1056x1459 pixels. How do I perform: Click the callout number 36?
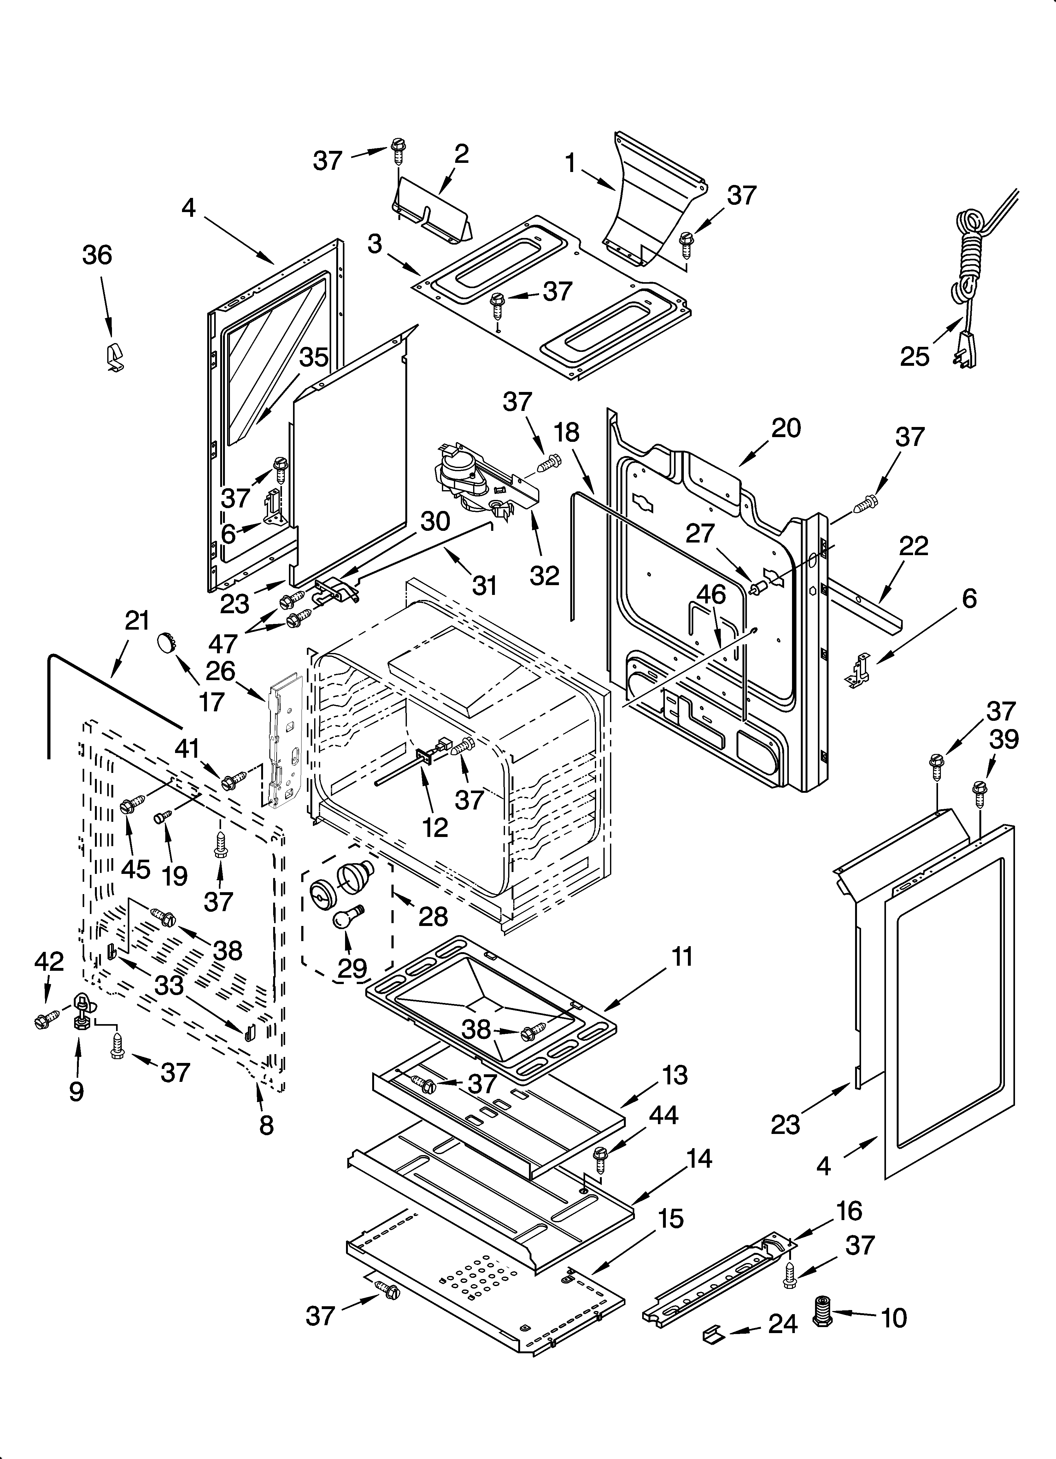click(x=97, y=255)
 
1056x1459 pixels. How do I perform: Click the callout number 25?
click(x=914, y=356)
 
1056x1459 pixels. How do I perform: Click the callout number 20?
click(x=785, y=428)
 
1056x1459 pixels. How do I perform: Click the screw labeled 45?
click(x=129, y=805)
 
